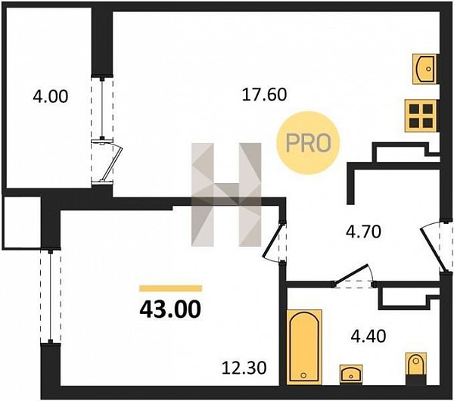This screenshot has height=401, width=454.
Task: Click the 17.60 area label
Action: tap(264, 95)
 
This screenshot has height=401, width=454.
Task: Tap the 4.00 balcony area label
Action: tap(51, 96)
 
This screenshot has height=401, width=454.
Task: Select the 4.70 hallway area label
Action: tap(364, 232)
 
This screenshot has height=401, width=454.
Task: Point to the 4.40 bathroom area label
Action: tap(368, 336)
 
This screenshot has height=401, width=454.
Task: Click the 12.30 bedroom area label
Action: tap(244, 368)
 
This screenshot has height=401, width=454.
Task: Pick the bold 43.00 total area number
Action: tap(170, 309)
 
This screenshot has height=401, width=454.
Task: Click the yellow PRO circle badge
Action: tap(308, 143)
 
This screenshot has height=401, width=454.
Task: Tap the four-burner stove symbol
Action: tap(421, 116)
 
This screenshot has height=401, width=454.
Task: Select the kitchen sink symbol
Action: tap(424, 70)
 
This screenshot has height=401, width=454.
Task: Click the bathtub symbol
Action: tap(304, 347)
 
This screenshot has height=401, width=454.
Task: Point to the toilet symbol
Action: tap(416, 368)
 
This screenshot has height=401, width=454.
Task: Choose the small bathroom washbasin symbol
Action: tap(351, 375)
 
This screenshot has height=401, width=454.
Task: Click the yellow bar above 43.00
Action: tap(171, 288)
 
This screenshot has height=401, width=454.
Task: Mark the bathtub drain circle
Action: tap(303, 375)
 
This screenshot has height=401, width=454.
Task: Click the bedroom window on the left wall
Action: tap(51, 296)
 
